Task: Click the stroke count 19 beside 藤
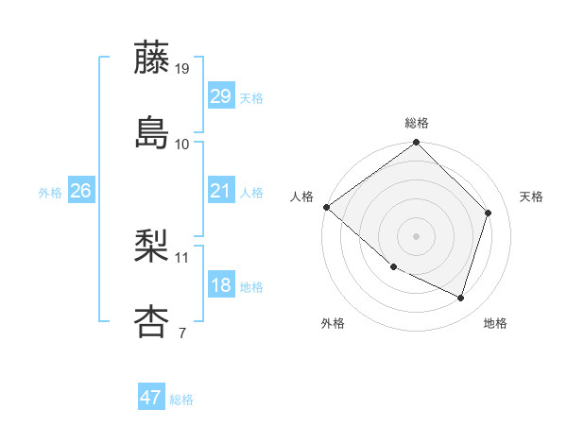click(183, 69)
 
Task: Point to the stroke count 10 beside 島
click(182, 144)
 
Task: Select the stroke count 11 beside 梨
click(182, 257)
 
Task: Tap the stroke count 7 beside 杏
click(181, 333)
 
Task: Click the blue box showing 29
click(220, 96)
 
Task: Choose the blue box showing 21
click(220, 192)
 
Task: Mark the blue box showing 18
click(220, 286)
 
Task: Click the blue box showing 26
click(80, 192)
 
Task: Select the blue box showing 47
click(151, 398)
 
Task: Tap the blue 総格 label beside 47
click(181, 400)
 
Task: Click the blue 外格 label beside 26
click(50, 193)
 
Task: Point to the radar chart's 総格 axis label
click(417, 123)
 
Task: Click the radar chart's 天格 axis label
click(531, 196)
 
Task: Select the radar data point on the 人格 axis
click(326, 207)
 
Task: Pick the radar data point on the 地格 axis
click(461, 299)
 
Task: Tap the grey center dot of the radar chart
click(417, 236)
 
